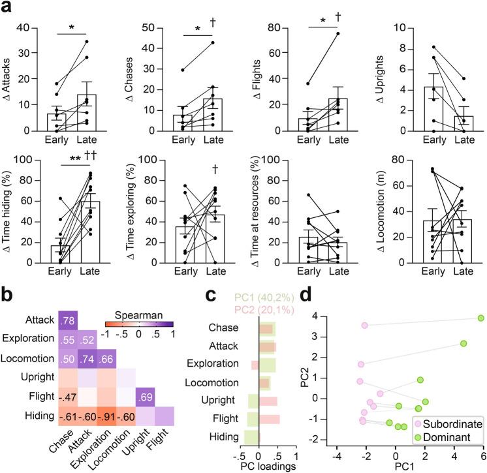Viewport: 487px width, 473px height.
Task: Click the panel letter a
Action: pyautogui.click(x=7, y=7)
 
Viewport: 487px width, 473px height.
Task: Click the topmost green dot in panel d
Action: pyautogui.click(x=480, y=318)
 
